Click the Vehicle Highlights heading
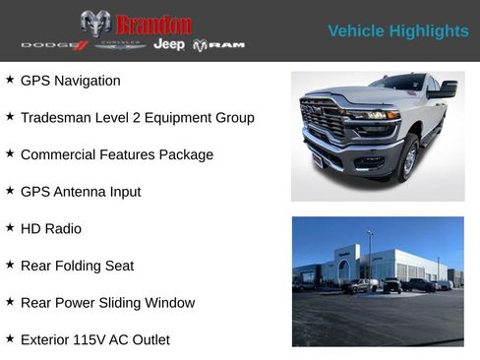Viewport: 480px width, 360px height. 397,31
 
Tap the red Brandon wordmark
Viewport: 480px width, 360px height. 153,25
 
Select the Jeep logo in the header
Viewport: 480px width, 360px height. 169,45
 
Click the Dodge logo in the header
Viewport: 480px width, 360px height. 55,45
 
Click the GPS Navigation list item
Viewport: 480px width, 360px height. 70,81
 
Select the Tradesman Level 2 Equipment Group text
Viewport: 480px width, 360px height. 137,118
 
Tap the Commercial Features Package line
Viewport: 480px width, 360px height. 116,154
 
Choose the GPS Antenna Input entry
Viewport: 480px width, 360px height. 81,192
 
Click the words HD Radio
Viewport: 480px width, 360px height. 51,229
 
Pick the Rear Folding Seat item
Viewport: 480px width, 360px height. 77,266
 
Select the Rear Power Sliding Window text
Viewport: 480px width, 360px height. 107,303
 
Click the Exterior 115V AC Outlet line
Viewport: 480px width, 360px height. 94,340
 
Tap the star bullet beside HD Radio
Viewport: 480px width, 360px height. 10,227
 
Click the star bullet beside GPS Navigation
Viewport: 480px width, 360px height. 10,79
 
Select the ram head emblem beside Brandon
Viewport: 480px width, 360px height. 95,24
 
